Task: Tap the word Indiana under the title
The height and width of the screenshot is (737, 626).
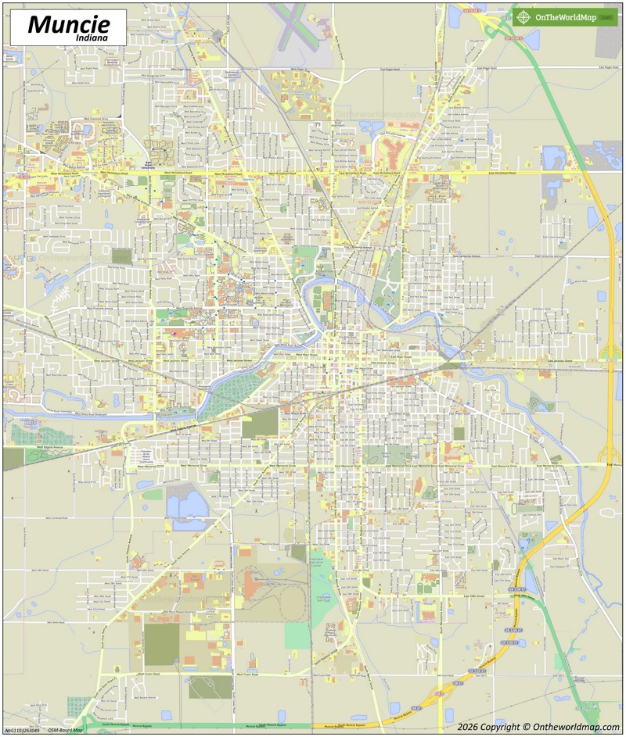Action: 92,37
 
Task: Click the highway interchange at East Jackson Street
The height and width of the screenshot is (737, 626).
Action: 609,359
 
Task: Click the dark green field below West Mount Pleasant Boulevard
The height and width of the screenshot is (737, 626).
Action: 162,645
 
